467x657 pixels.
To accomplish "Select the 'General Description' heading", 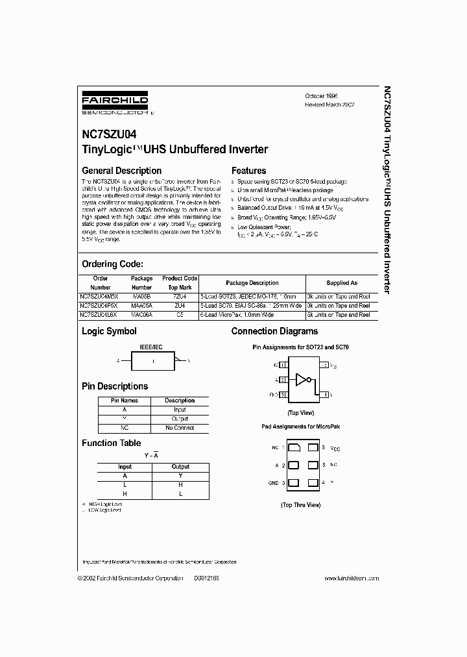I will [x=121, y=171].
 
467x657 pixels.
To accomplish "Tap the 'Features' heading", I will [x=248, y=171].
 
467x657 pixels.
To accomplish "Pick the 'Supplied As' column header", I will [x=341, y=283].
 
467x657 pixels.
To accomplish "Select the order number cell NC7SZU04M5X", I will [x=101, y=295].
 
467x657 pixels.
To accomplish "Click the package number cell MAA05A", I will [x=141, y=305].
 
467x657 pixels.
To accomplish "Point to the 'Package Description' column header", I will [x=252, y=283].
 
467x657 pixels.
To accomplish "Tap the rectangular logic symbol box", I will [x=152, y=360].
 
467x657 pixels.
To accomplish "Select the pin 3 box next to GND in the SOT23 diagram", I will [x=283, y=394].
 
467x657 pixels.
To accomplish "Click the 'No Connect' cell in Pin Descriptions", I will [x=180, y=428].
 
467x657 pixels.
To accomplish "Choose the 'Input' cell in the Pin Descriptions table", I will [x=180, y=410].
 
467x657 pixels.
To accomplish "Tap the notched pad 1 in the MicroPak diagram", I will [x=293, y=448].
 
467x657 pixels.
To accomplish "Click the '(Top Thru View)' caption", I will [x=300, y=504].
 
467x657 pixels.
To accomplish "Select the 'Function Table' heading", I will [x=111, y=443].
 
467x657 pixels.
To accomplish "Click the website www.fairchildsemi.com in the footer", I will [x=351, y=578].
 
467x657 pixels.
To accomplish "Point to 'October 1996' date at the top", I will [x=322, y=95].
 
